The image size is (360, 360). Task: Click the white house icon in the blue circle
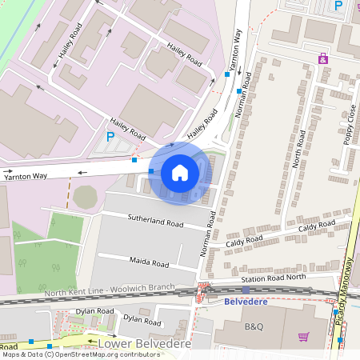coord(180,173)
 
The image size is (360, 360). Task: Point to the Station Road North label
coord(274,278)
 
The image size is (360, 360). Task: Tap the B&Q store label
coord(254,327)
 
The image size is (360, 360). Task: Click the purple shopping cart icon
coord(303,338)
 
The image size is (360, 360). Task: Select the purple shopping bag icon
coord(323,58)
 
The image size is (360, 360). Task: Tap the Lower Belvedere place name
coord(144,343)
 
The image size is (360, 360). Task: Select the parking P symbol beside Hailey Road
coord(110,137)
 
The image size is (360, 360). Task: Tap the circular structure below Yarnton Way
coord(87,197)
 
